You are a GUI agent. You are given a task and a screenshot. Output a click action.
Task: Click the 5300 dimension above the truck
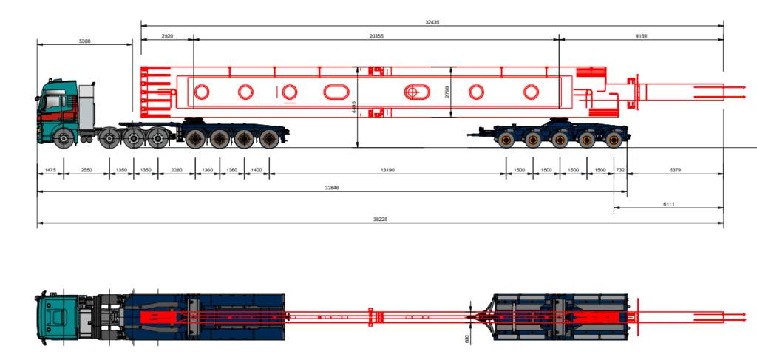(85, 41)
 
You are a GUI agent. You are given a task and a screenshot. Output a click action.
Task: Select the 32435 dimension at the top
(432, 23)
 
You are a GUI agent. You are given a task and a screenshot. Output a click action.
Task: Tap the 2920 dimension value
(167, 35)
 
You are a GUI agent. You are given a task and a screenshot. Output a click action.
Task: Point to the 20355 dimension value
(376, 35)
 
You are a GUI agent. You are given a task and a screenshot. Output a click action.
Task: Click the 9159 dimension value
(641, 35)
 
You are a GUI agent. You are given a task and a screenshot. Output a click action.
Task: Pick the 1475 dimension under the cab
(50, 171)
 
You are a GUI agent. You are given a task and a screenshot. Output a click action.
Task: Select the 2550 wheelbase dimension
(86, 171)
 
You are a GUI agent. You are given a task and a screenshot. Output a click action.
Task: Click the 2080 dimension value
(176, 171)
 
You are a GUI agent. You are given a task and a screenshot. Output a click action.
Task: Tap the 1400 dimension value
(257, 171)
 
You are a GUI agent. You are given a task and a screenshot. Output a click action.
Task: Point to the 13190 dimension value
(387, 171)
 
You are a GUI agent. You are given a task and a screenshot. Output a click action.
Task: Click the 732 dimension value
(620, 171)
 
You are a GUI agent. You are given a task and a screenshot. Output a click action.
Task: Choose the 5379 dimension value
(674, 171)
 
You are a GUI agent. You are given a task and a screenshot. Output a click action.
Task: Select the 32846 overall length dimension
(332, 189)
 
